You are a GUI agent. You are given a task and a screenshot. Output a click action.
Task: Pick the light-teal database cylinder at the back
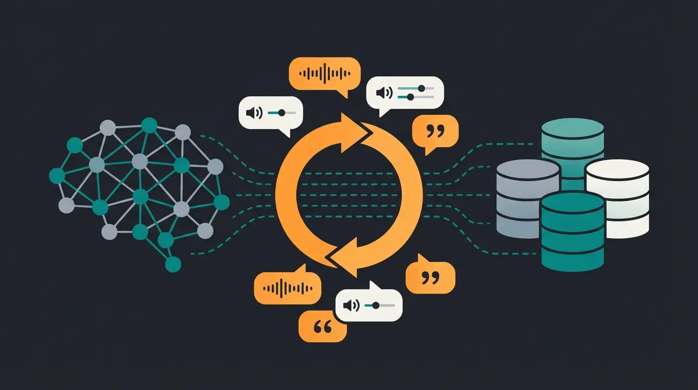point(572,140)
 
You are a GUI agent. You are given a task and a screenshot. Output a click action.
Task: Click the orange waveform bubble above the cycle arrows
point(325,74)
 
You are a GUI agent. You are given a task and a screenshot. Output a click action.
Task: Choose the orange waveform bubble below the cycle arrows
point(287,288)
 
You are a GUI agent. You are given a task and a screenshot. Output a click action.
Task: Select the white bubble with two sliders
point(405,92)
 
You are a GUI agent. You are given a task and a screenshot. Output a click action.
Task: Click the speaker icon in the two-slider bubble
point(384,92)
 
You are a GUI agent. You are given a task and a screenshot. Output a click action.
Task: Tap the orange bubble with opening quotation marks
point(323,327)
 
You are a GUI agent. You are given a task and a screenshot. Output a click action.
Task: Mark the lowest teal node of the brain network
point(173,264)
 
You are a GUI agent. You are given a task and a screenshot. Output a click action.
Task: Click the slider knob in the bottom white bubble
point(375,305)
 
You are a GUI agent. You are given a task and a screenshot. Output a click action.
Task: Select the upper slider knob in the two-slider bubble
point(421,88)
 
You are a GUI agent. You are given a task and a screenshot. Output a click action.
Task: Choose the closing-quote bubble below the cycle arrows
point(430,277)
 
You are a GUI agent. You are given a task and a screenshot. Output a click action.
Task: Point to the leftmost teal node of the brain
point(57,176)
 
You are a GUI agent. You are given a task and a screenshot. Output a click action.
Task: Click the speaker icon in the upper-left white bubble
point(254,113)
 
